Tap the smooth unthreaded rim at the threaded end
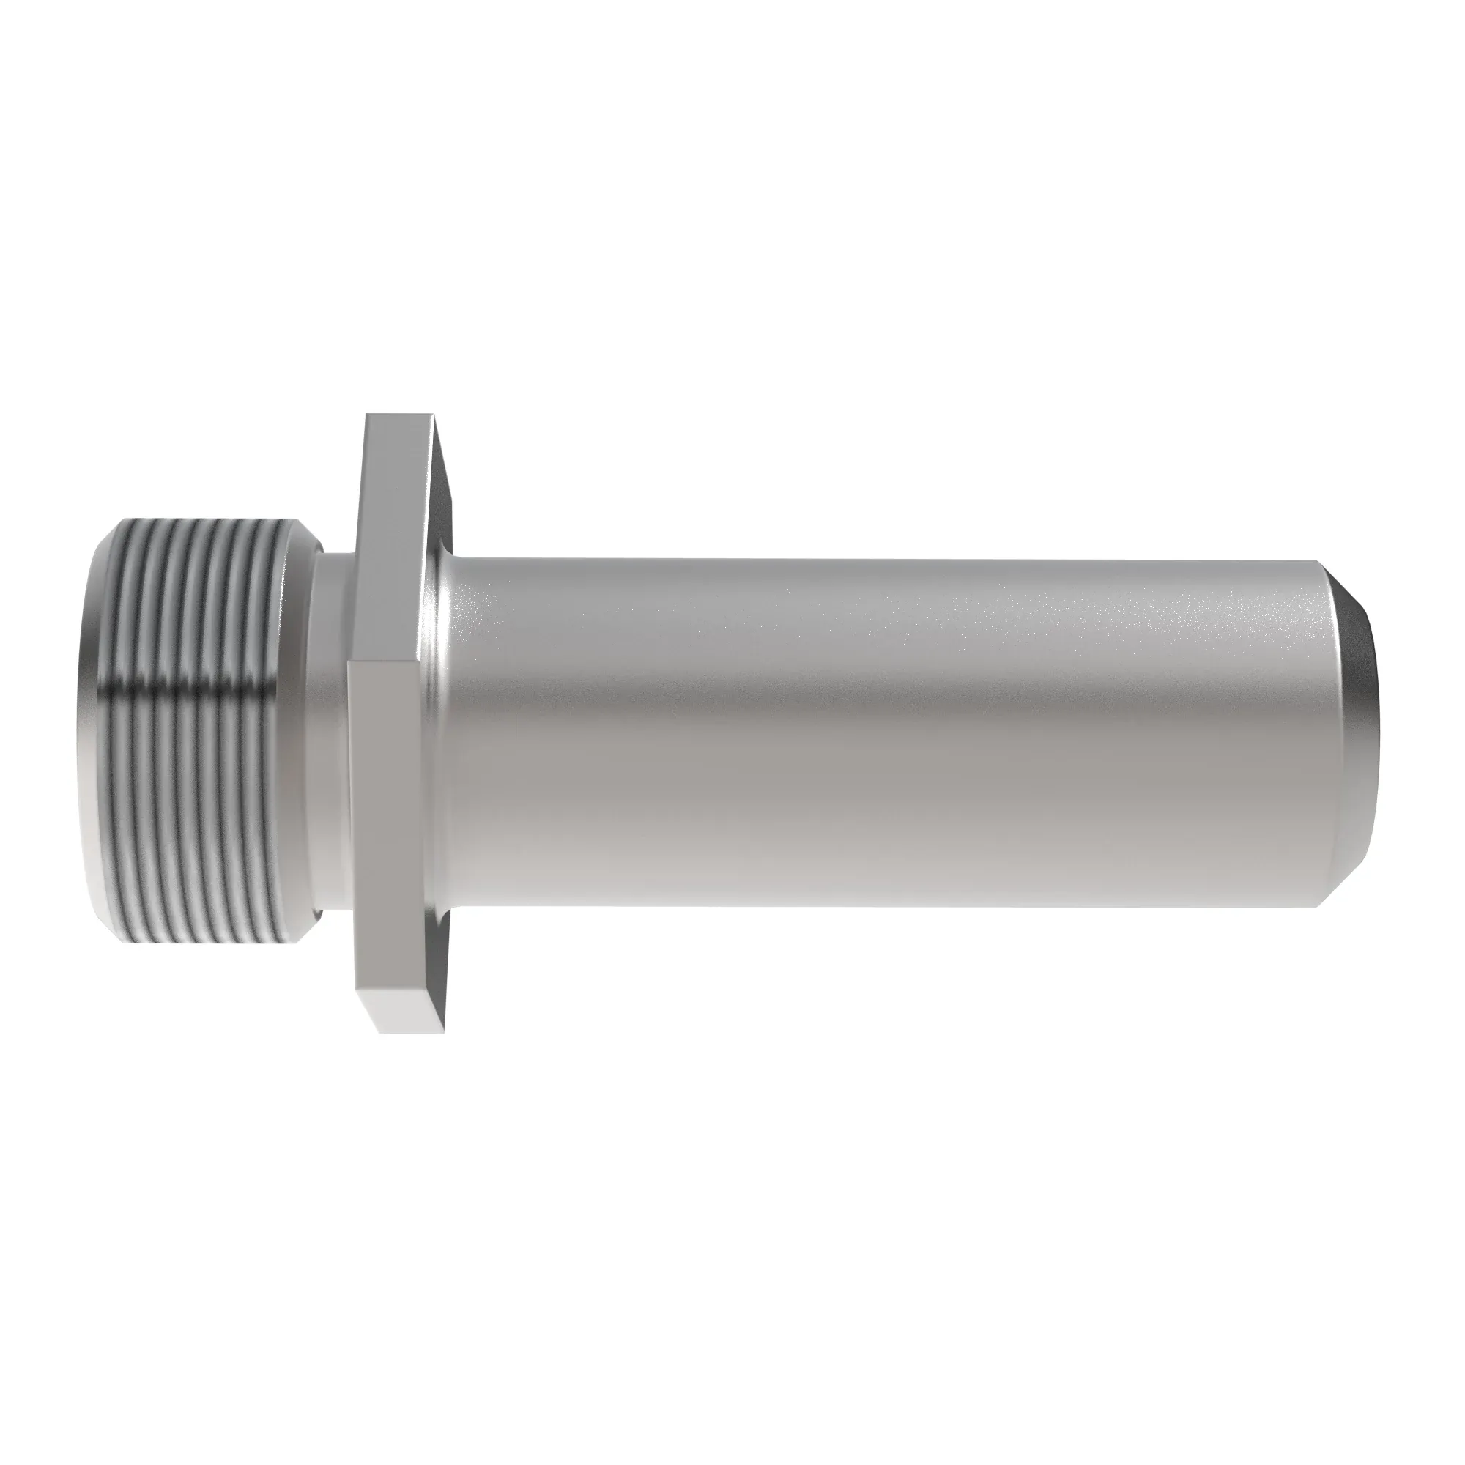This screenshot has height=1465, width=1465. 89,728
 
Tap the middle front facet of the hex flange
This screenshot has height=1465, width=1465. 383,819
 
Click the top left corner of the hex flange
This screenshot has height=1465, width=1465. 367,415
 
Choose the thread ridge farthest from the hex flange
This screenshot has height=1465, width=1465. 106,728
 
